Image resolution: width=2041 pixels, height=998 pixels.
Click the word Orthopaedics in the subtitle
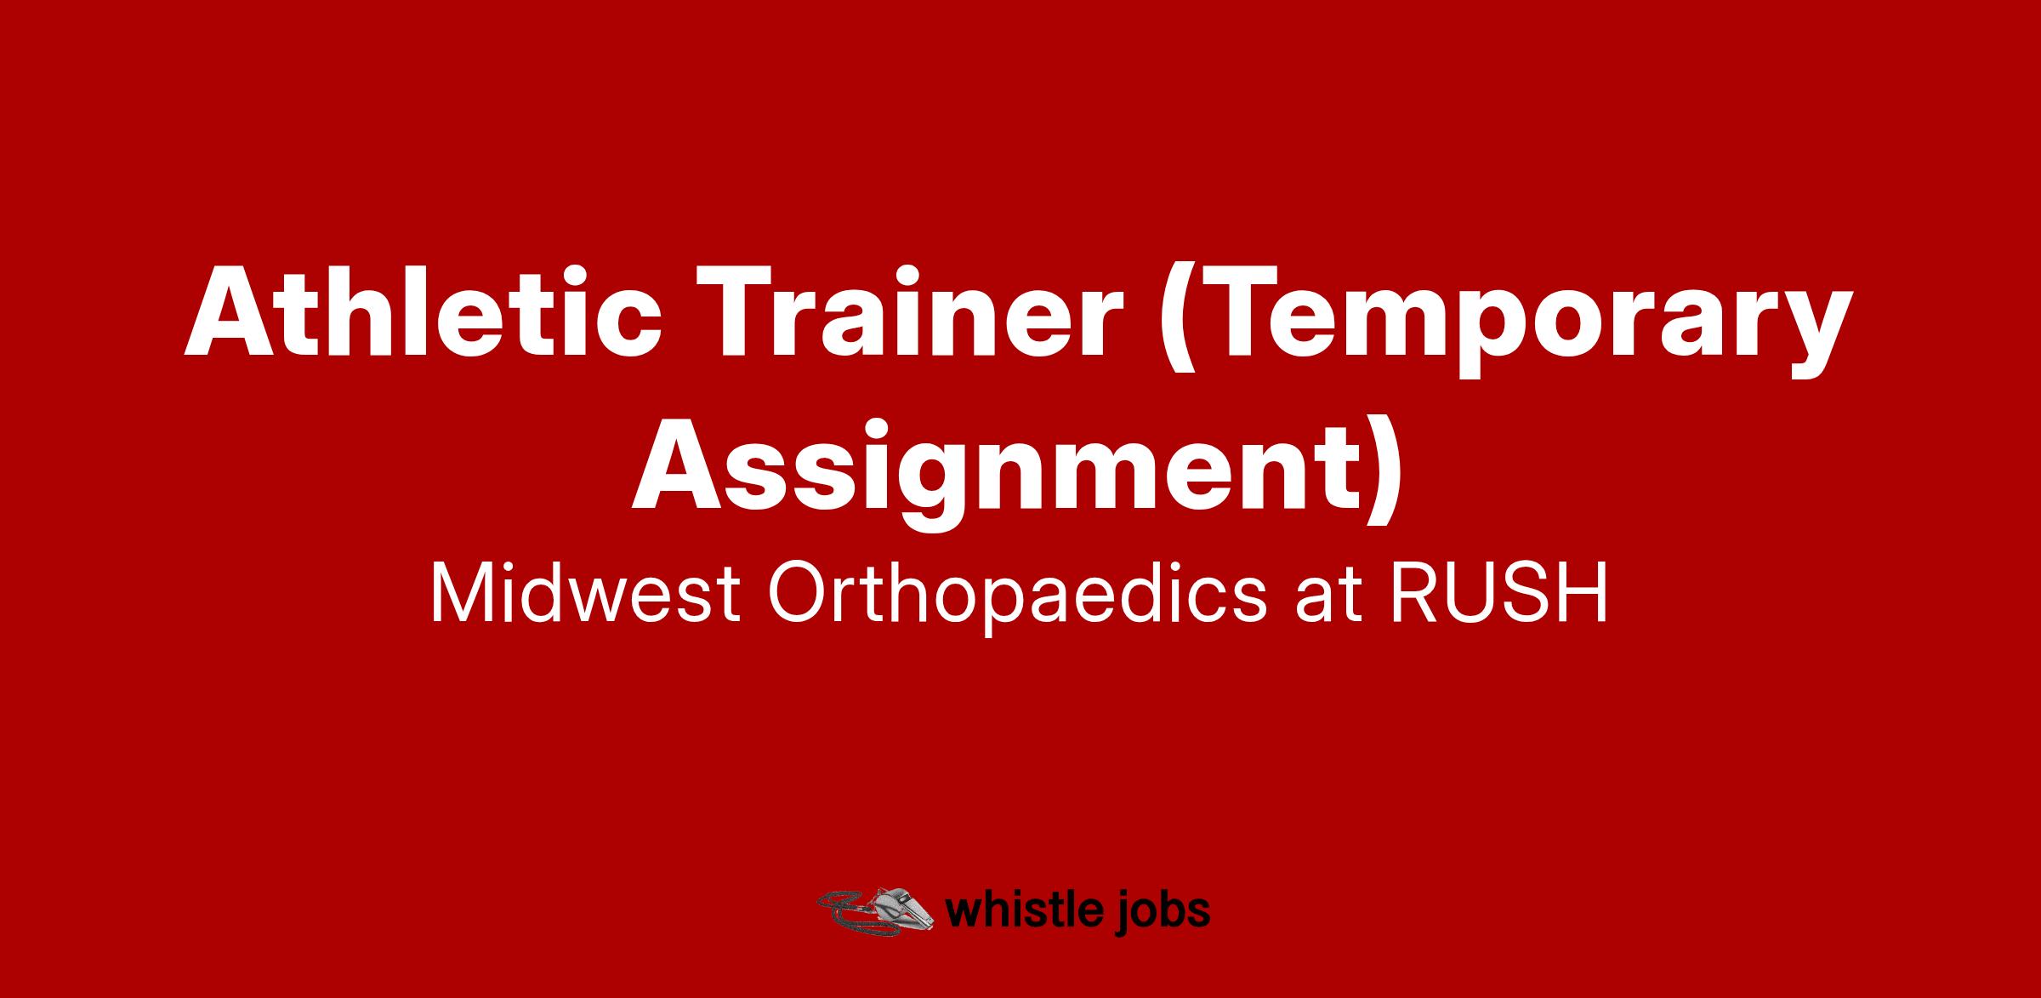[x=1017, y=599]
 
